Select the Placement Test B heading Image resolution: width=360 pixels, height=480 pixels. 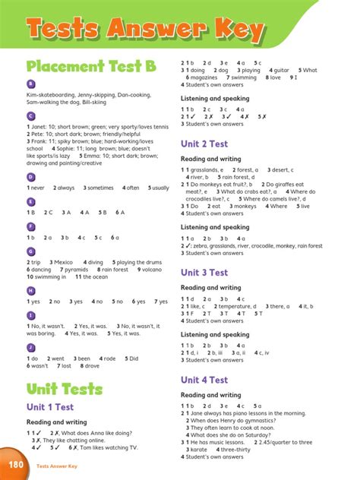(x=91, y=67)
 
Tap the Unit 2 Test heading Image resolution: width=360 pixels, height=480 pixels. (x=204, y=143)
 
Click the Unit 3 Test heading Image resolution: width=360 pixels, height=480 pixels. (x=204, y=272)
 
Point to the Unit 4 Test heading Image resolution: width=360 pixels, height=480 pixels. (x=204, y=380)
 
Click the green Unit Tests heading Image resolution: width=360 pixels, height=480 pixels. (x=64, y=389)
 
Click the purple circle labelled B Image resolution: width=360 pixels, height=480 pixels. (x=30, y=84)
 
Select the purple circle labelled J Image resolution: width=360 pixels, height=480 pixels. (x=30, y=347)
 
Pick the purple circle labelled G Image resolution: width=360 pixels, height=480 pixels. (x=30, y=251)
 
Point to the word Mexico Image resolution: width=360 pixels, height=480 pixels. (x=64, y=262)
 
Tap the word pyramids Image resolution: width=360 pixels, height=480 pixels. (x=75, y=270)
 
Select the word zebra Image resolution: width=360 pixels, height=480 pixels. (x=201, y=245)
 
